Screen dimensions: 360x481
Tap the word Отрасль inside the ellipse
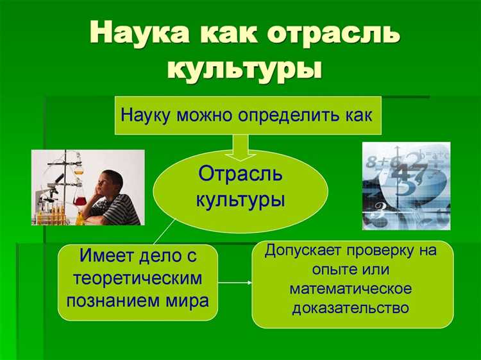click(x=240, y=174)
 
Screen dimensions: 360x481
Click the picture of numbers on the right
click(x=406, y=185)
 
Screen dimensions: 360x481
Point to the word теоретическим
click(x=138, y=279)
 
